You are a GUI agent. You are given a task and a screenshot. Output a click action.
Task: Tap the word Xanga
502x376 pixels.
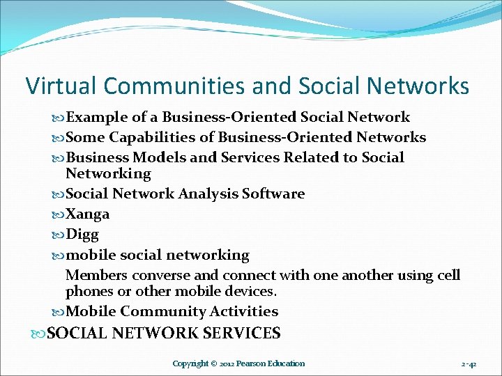tap(87, 214)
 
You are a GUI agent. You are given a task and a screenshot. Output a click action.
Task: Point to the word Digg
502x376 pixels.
tap(82, 235)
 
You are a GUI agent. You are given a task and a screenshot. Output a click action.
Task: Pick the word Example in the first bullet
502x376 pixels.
tap(96, 117)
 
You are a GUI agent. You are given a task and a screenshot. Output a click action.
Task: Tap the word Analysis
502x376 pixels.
tap(208, 194)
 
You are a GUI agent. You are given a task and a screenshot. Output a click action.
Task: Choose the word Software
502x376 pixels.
tap(273, 194)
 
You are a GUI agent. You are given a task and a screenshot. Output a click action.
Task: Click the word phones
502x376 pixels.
tap(88, 290)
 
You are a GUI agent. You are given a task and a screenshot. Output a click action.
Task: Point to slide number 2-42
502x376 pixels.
tap(469, 363)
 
